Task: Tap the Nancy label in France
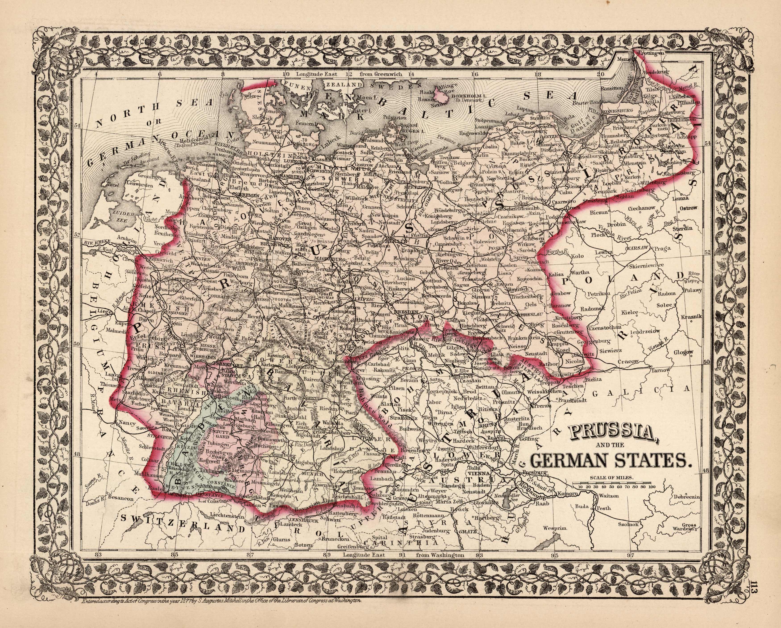(126, 423)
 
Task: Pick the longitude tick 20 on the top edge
(601, 74)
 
